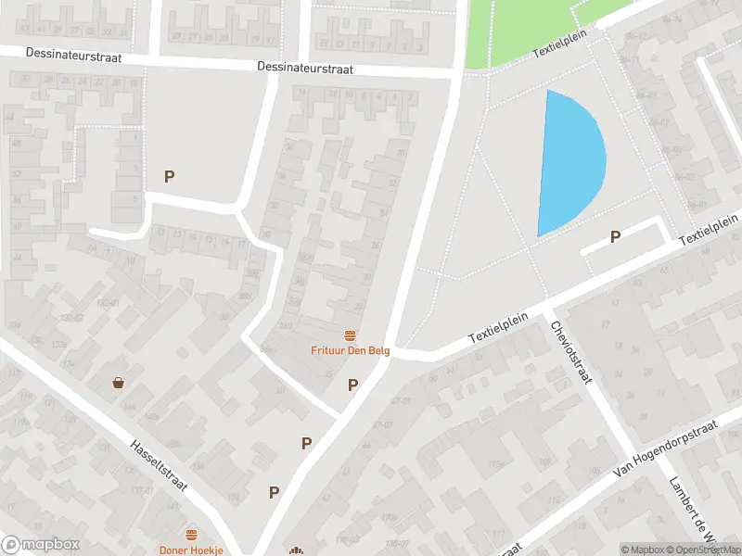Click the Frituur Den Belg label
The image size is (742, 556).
(350, 350)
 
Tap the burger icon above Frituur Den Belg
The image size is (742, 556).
(350, 335)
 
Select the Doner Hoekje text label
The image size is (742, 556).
(191, 550)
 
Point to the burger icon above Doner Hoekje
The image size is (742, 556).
(191, 535)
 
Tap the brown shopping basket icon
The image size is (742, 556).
(119, 382)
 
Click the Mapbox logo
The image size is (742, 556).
(41, 545)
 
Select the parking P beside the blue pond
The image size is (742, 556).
(615, 237)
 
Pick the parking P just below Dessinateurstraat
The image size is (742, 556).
(169, 176)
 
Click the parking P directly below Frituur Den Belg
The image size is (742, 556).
(352, 385)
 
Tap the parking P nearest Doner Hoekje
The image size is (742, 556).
(275, 492)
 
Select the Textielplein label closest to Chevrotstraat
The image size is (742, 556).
(497, 327)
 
